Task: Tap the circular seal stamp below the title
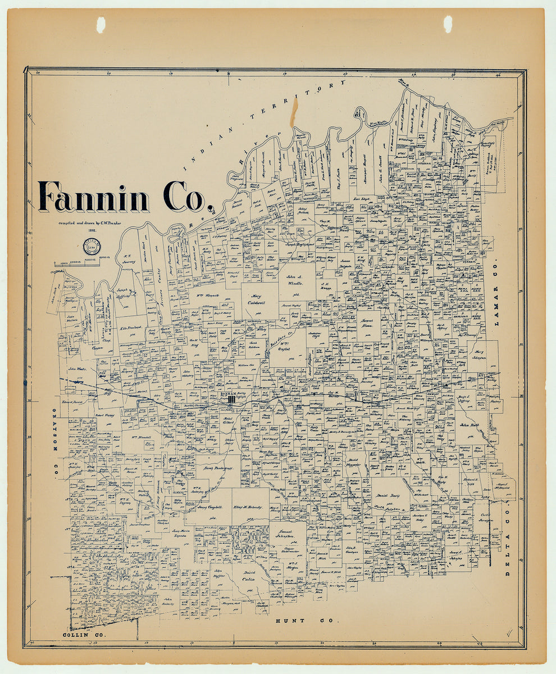(x=92, y=246)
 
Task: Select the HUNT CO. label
(x=307, y=621)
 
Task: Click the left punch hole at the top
(x=101, y=24)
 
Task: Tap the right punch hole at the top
(x=448, y=24)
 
